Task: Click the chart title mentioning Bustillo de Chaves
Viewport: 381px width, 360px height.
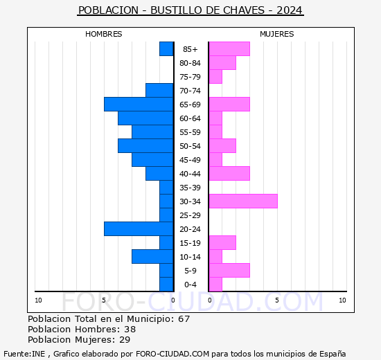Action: [190, 10]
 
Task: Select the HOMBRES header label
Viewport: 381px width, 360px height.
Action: [104, 34]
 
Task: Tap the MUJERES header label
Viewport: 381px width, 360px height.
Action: [276, 34]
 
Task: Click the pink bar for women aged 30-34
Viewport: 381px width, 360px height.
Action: [242, 201]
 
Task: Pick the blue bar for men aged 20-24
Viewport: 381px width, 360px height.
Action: [139, 229]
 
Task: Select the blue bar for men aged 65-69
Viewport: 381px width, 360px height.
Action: [139, 105]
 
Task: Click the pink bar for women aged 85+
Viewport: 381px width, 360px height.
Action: [229, 49]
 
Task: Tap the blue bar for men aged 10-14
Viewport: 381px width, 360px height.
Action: [152, 257]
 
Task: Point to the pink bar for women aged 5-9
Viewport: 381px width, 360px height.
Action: [229, 271]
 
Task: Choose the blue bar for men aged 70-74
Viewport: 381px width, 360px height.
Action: [159, 91]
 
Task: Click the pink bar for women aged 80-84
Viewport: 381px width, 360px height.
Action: [222, 63]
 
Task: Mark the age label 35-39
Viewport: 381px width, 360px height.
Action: [190, 188]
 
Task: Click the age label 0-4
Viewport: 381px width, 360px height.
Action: [190, 285]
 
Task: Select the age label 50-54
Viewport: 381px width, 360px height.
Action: [190, 146]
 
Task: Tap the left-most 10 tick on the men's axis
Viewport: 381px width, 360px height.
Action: [38, 300]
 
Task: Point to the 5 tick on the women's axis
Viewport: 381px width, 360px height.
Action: [276, 300]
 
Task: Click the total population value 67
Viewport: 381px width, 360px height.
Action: [184, 319]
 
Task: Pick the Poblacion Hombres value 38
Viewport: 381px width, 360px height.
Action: [130, 330]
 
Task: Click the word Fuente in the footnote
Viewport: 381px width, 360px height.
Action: [17, 353]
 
